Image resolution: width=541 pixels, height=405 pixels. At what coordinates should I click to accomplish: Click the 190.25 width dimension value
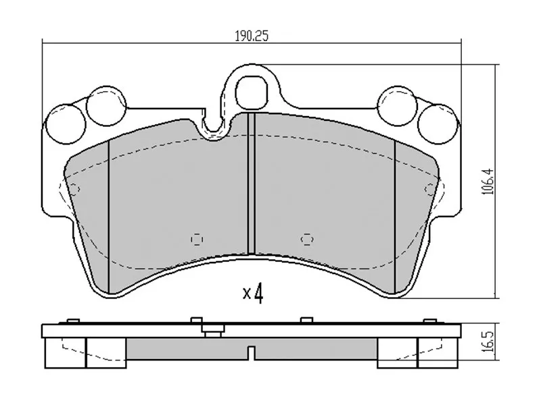252,36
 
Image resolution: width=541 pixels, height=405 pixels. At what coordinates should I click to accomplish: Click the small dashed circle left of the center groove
197,238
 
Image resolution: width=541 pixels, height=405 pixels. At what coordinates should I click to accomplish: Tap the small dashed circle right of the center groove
308,238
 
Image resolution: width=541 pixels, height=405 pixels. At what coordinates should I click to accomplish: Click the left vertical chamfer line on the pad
109,209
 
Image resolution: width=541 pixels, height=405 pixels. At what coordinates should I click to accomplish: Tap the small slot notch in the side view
251,352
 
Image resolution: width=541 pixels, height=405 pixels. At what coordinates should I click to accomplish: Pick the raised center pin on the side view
214,331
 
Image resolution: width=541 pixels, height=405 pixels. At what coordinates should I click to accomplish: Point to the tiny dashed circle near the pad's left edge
75,188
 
